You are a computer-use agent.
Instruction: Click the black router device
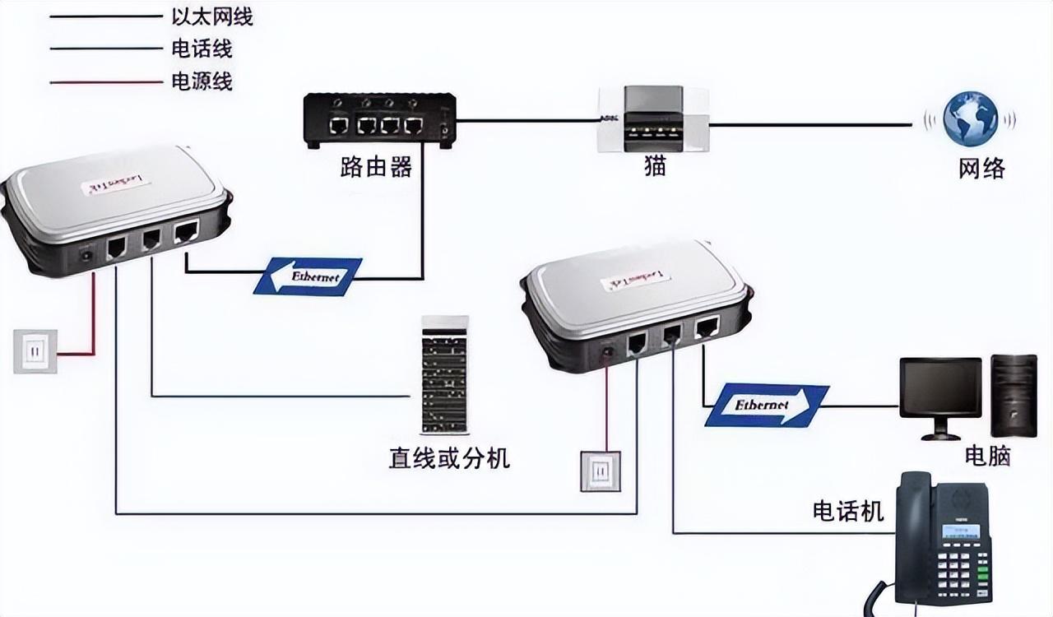click(379, 120)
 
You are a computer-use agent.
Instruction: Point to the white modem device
click(652, 119)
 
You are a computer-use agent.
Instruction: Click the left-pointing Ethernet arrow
click(308, 276)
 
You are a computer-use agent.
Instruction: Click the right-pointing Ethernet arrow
click(766, 405)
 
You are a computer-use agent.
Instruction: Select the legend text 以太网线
click(211, 16)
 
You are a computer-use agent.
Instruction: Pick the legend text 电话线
click(202, 49)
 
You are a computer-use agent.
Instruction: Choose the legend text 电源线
click(202, 81)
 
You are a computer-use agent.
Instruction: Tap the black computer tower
click(1014, 395)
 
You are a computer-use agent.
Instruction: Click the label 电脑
click(987, 456)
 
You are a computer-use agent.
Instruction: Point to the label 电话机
click(848, 511)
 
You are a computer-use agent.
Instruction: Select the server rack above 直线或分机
click(444, 374)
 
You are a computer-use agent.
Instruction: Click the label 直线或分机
click(449, 457)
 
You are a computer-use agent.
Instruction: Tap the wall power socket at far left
click(35, 351)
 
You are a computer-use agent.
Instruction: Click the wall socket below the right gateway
click(601, 471)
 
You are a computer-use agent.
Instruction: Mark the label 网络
click(981, 169)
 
